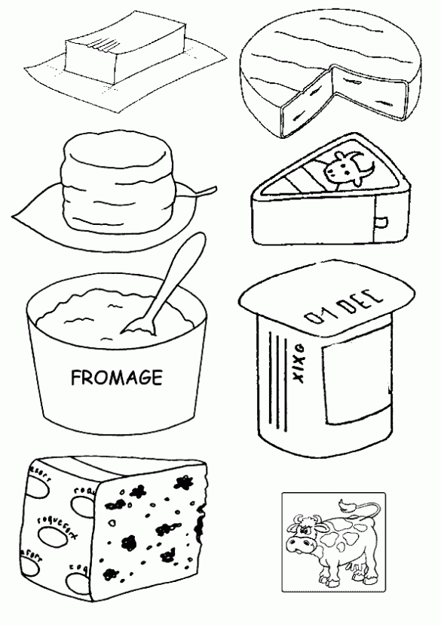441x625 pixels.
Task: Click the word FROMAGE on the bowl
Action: (115, 377)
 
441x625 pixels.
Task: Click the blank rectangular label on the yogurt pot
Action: (354, 386)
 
